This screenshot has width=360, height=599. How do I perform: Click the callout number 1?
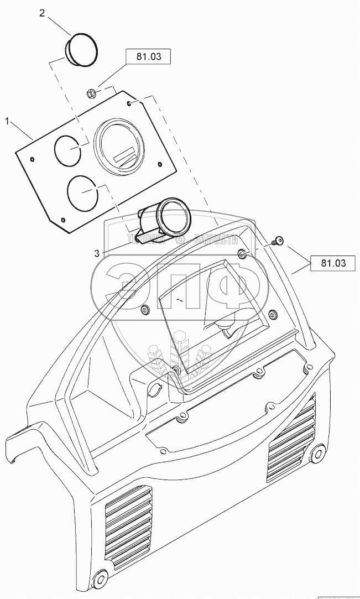click(7, 121)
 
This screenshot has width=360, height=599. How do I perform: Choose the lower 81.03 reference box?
click(332, 263)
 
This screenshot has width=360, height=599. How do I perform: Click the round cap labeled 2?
click(81, 50)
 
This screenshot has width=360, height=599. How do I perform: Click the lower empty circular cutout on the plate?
click(81, 191)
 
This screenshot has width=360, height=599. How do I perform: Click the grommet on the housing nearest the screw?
click(242, 254)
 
